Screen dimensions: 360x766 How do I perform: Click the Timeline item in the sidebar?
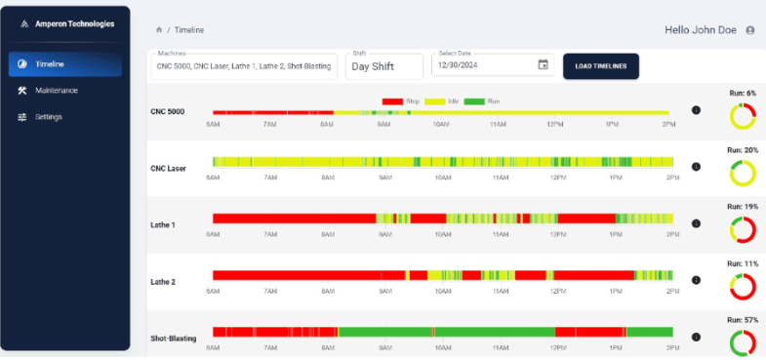point(50,64)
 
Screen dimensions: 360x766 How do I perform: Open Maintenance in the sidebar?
point(56,91)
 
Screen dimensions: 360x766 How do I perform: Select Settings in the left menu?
point(48,117)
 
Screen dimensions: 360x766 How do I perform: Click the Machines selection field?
point(244,66)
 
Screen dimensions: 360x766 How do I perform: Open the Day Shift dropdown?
point(384,66)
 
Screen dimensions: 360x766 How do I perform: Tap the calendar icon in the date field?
point(544,65)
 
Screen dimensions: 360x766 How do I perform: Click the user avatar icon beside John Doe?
point(749,30)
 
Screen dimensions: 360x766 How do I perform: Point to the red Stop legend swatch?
point(392,100)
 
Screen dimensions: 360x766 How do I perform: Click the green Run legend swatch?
point(473,100)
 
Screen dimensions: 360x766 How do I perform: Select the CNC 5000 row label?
point(167,111)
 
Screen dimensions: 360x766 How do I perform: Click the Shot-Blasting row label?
point(174,339)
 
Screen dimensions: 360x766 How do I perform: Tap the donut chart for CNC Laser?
point(743,174)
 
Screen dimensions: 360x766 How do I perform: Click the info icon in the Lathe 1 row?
point(696,223)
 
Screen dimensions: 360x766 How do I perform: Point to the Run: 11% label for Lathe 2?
point(743,263)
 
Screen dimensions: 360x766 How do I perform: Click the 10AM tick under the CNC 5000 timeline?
point(442,124)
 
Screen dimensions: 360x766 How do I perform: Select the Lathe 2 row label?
point(163,281)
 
